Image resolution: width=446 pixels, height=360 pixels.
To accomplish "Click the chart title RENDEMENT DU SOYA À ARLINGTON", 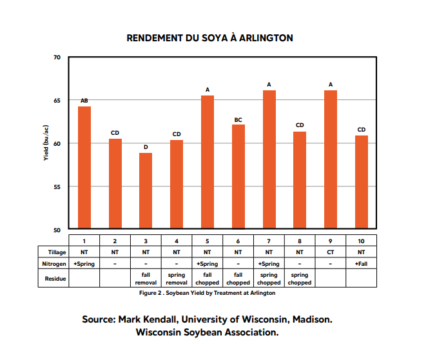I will [x=210, y=38].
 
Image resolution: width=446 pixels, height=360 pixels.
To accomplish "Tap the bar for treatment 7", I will [x=269, y=159].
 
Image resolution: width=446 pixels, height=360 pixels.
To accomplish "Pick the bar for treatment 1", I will [x=84, y=167].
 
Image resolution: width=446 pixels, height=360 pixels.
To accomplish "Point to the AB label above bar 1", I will [x=84, y=101].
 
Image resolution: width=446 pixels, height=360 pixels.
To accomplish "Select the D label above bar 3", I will [x=146, y=147].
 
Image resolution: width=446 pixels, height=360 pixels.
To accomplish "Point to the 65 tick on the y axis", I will [x=57, y=100].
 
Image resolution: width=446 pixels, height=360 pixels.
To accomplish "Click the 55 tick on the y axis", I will [x=57, y=186].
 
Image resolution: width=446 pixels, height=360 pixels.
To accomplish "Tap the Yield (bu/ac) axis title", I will [x=46, y=144].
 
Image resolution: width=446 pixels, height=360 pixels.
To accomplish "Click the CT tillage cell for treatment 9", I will [x=331, y=252].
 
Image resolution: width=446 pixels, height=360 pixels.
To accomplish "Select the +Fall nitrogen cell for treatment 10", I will [x=362, y=264].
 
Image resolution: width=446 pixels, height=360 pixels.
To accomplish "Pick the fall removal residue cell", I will [x=146, y=279].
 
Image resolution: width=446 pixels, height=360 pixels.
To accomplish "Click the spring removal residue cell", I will [x=177, y=279].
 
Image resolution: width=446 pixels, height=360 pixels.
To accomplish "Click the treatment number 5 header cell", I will [x=208, y=240].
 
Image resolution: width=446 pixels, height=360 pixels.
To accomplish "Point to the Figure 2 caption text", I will [x=207, y=293].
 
